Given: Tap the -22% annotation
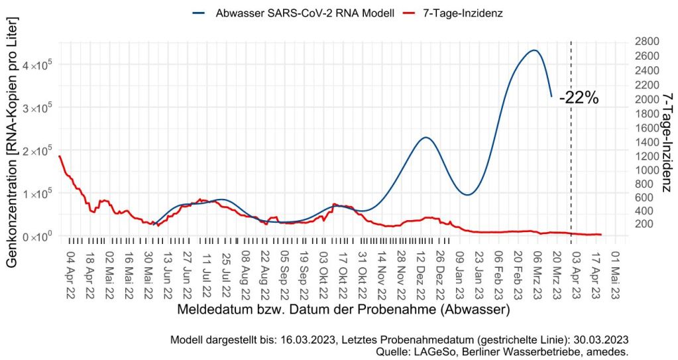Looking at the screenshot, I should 579,98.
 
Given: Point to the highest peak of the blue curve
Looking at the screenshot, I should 534,50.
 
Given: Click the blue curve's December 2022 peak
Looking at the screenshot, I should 425,137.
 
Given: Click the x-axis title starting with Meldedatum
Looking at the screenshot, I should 343,309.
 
